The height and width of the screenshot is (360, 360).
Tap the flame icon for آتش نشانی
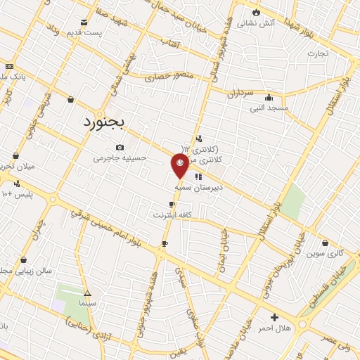click(256, 12)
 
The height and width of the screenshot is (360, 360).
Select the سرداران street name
click(240, 93)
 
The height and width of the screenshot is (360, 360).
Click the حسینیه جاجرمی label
click(120, 158)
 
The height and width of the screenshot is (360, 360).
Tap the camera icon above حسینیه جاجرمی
click(120, 147)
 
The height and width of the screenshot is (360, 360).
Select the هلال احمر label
click(275, 328)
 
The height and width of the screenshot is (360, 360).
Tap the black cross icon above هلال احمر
click(274, 317)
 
